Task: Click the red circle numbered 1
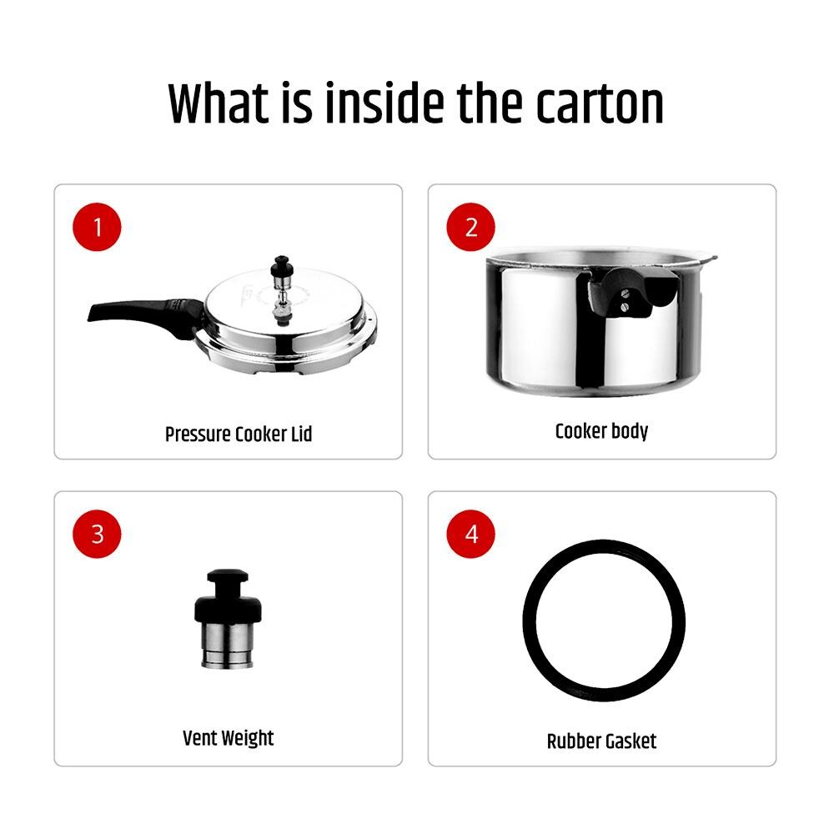(x=97, y=227)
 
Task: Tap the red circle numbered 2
(x=470, y=227)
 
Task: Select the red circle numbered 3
(x=97, y=534)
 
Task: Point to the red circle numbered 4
(x=470, y=534)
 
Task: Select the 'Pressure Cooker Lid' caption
(x=239, y=434)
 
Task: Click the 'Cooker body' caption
(x=601, y=431)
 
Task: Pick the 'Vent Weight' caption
(x=229, y=738)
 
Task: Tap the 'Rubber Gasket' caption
(x=601, y=741)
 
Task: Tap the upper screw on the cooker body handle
(x=625, y=292)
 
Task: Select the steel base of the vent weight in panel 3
(x=228, y=646)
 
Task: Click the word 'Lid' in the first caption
(x=301, y=434)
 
